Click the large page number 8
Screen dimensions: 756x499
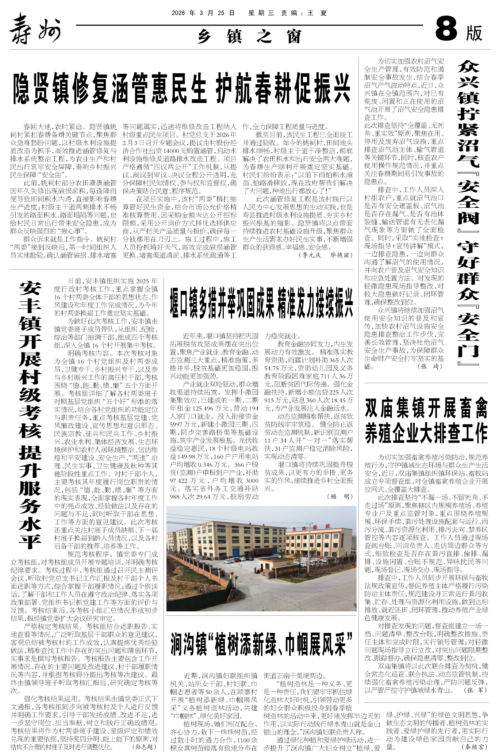click(x=446, y=30)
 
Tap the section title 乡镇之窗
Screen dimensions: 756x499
click(x=250, y=36)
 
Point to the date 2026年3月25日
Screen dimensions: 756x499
click(x=203, y=13)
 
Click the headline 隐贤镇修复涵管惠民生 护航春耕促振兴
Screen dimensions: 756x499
click(x=181, y=89)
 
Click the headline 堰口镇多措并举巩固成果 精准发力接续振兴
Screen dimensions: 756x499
click(x=261, y=303)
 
